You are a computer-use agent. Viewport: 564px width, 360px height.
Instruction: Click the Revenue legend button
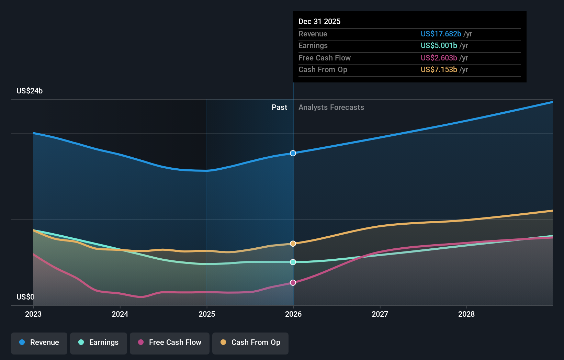pyautogui.click(x=39, y=343)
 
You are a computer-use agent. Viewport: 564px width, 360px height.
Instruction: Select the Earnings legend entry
pyautogui.click(x=99, y=343)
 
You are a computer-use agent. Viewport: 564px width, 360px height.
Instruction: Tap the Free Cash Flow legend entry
pyautogui.click(x=170, y=343)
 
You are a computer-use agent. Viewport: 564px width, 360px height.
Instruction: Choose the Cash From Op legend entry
pyautogui.click(x=250, y=343)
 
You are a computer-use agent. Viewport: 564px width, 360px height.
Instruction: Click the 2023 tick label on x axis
pyautogui.click(x=33, y=314)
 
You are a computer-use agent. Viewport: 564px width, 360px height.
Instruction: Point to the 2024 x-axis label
pyautogui.click(x=120, y=314)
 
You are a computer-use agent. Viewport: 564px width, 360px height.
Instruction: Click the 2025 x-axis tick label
pyautogui.click(x=207, y=314)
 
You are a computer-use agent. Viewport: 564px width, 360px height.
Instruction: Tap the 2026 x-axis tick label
pyautogui.click(x=293, y=314)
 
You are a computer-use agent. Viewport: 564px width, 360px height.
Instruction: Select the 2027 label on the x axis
pyautogui.click(x=380, y=314)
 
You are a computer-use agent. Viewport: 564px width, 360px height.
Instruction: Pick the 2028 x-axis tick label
pyautogui.click(x=466, y=314)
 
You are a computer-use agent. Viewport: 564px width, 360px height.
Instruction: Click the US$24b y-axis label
pyautogui.click(x=30, y=91)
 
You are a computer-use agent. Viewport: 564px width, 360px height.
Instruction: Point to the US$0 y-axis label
pyautogui.click(x=25, y=297)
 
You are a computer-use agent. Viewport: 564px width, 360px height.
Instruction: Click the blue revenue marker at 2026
pyautogui.click(x=293, y=153)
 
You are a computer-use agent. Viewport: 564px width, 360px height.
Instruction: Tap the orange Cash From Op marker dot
pyautogui.click(x=293, y=244)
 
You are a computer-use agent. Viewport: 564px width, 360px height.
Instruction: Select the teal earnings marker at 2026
pyautogui.click(x=293, y=262)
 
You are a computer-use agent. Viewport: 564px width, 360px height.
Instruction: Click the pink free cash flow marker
pyautogui.click(x=293, y=283)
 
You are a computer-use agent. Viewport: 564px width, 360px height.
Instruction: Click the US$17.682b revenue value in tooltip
pyautogui.click(x=441, y=34)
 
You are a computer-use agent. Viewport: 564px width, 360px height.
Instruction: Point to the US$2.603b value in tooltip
pyautogui.click(x=439, y=58)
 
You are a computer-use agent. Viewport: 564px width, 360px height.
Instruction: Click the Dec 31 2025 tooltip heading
pyautogui.click(x=319, y=22)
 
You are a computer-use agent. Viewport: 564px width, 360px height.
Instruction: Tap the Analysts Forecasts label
pyautogui.click(x=331, y=108)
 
